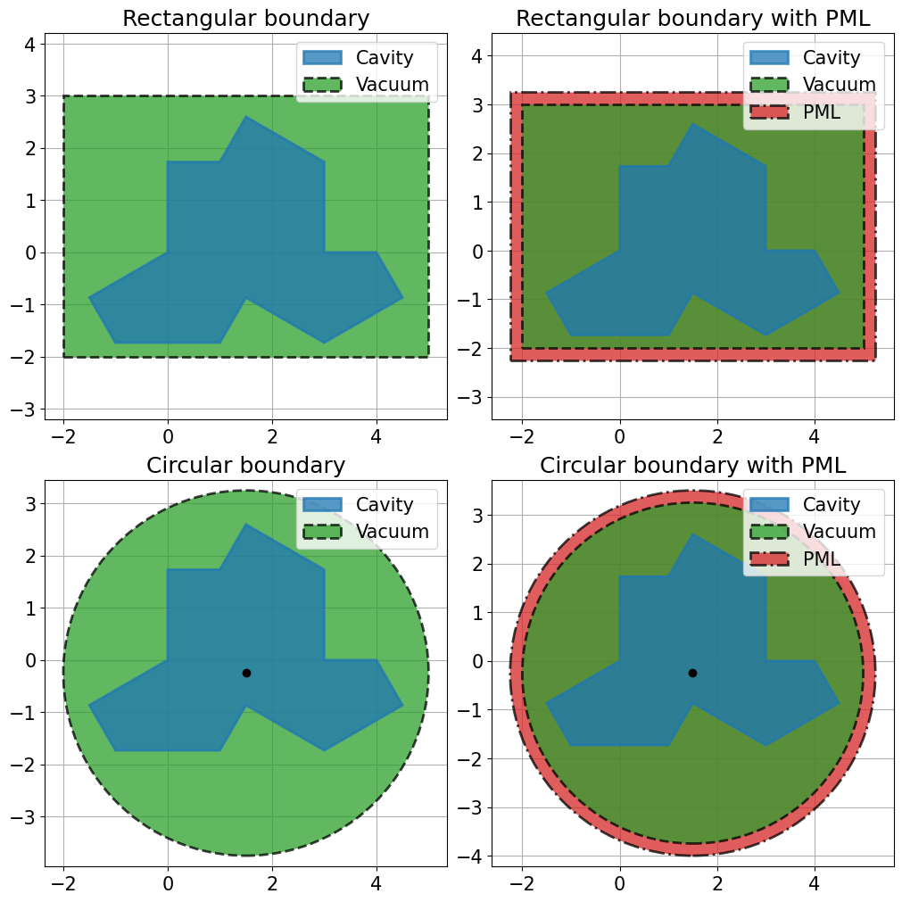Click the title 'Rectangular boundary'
pyautogui.click(x=245, y=19)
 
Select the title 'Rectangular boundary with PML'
pyautogui.click(x=692, y=19)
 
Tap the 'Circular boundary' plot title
pyautogui.click(x=245, y=466)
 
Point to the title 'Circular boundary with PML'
pyautogui.click(x=692, y=466)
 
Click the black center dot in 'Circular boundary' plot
pyautogui.click(x=246, y=673)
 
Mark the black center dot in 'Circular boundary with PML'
pyautogui.click(x=692, y=673)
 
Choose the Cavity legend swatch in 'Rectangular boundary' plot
pyautogui.click(x=323, y=57)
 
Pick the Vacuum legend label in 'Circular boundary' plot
pyautogui.click(x=393, y=532)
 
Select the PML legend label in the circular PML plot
pyautogui.click(x=822, y=559)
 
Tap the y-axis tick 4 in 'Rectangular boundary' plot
pyautogui.click(x=30, y=45)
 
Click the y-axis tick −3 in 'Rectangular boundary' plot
pyautogui.click(x=23, y=410)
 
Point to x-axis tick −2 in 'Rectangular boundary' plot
pyautogui.click(x=63, y=436)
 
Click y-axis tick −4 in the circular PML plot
pyautogui.click(x=470, y=856)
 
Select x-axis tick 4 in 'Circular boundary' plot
pyautogui.click(x=377, y=883)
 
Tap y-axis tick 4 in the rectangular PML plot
pyautogui.click(x=477, y=56)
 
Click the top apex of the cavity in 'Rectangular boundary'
pyautogui.click(x=245, y=116)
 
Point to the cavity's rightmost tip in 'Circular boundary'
pyautogui.click(x=402, y=705)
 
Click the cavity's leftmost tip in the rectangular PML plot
pyautogui.click(x=545, y=293)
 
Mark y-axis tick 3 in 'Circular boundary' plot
pyautogui.click(x=30, y=504)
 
